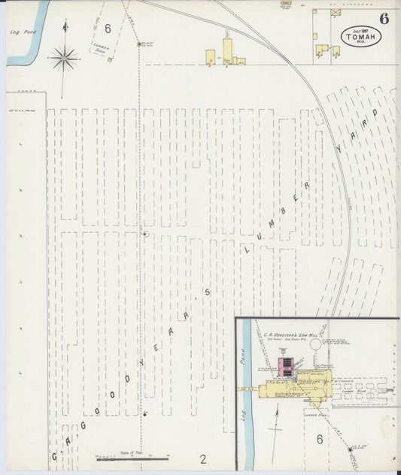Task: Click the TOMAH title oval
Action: tap(360, 36)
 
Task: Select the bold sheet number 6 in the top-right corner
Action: tap(384, 19)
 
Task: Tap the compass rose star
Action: tap(64, 57)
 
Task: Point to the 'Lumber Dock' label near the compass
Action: tap(101, 49)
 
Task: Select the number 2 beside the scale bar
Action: tap(202, 458)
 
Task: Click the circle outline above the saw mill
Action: tap(315, 344)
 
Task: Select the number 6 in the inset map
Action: tap(319, 440)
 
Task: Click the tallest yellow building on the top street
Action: tap(227, 51)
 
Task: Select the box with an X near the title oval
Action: tap(336, 13)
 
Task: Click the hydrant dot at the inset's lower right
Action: tap(350, 447)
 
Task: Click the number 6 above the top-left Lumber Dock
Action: tap(108, 29)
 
